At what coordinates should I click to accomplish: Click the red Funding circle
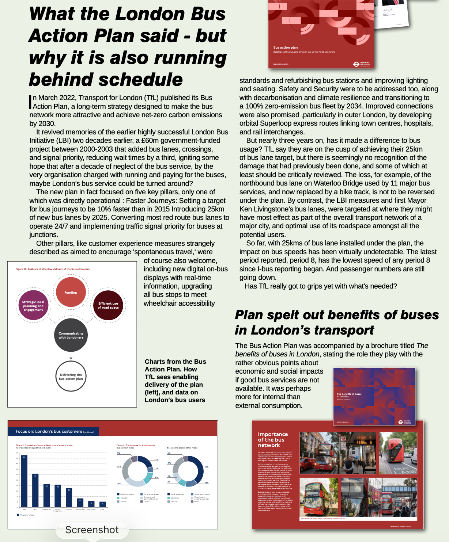click(x=71, y=292)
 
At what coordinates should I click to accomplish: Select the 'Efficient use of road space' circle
click(x=108, y=305)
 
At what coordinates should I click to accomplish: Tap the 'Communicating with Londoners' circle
click(x=71, y=335)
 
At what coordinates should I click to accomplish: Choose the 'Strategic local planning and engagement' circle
click(x=33, y=306)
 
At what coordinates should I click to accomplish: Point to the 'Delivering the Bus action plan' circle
click(x=71, y=376)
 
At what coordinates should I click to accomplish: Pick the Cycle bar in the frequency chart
click(x=102, y=504)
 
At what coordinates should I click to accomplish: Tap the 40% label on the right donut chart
click(x=207, y=467)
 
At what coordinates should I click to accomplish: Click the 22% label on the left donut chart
click(x=156, y=459)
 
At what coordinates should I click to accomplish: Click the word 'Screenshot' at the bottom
click(x=92, y=530)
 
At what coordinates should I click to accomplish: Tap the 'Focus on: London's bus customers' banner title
click(x=49, y=431)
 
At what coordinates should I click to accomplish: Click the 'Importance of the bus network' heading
click(x=272, y=440)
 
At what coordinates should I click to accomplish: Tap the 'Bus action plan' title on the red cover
click(x=285, y=47)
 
